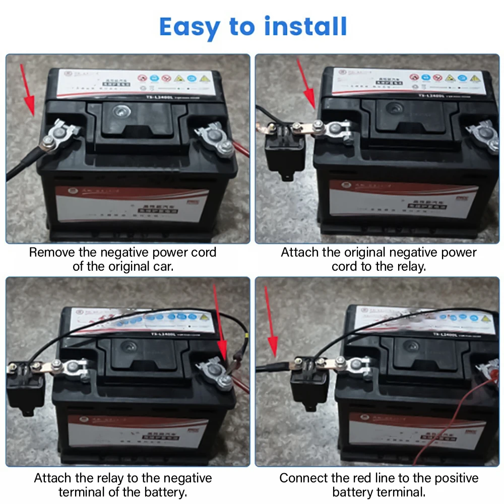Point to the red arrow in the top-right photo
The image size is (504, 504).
pyautogui.click(x=307, y=86)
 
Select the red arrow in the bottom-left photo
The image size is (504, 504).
pyautogui.click(x=220, y=328)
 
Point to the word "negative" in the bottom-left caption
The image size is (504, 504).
pyautogui.click(x=181, y=478)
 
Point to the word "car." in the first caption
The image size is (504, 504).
pyautogui.click(x=162, y=266)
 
